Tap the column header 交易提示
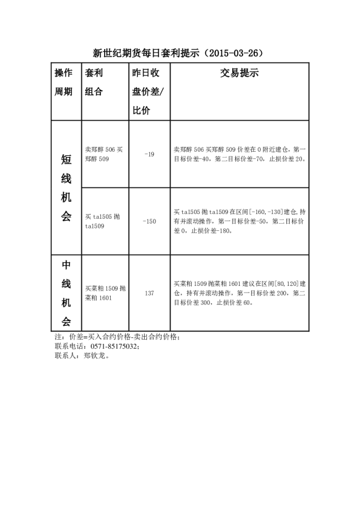239,74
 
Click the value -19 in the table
149,154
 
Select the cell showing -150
149,221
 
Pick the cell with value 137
149,293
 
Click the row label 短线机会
67,187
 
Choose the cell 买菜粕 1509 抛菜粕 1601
105,293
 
